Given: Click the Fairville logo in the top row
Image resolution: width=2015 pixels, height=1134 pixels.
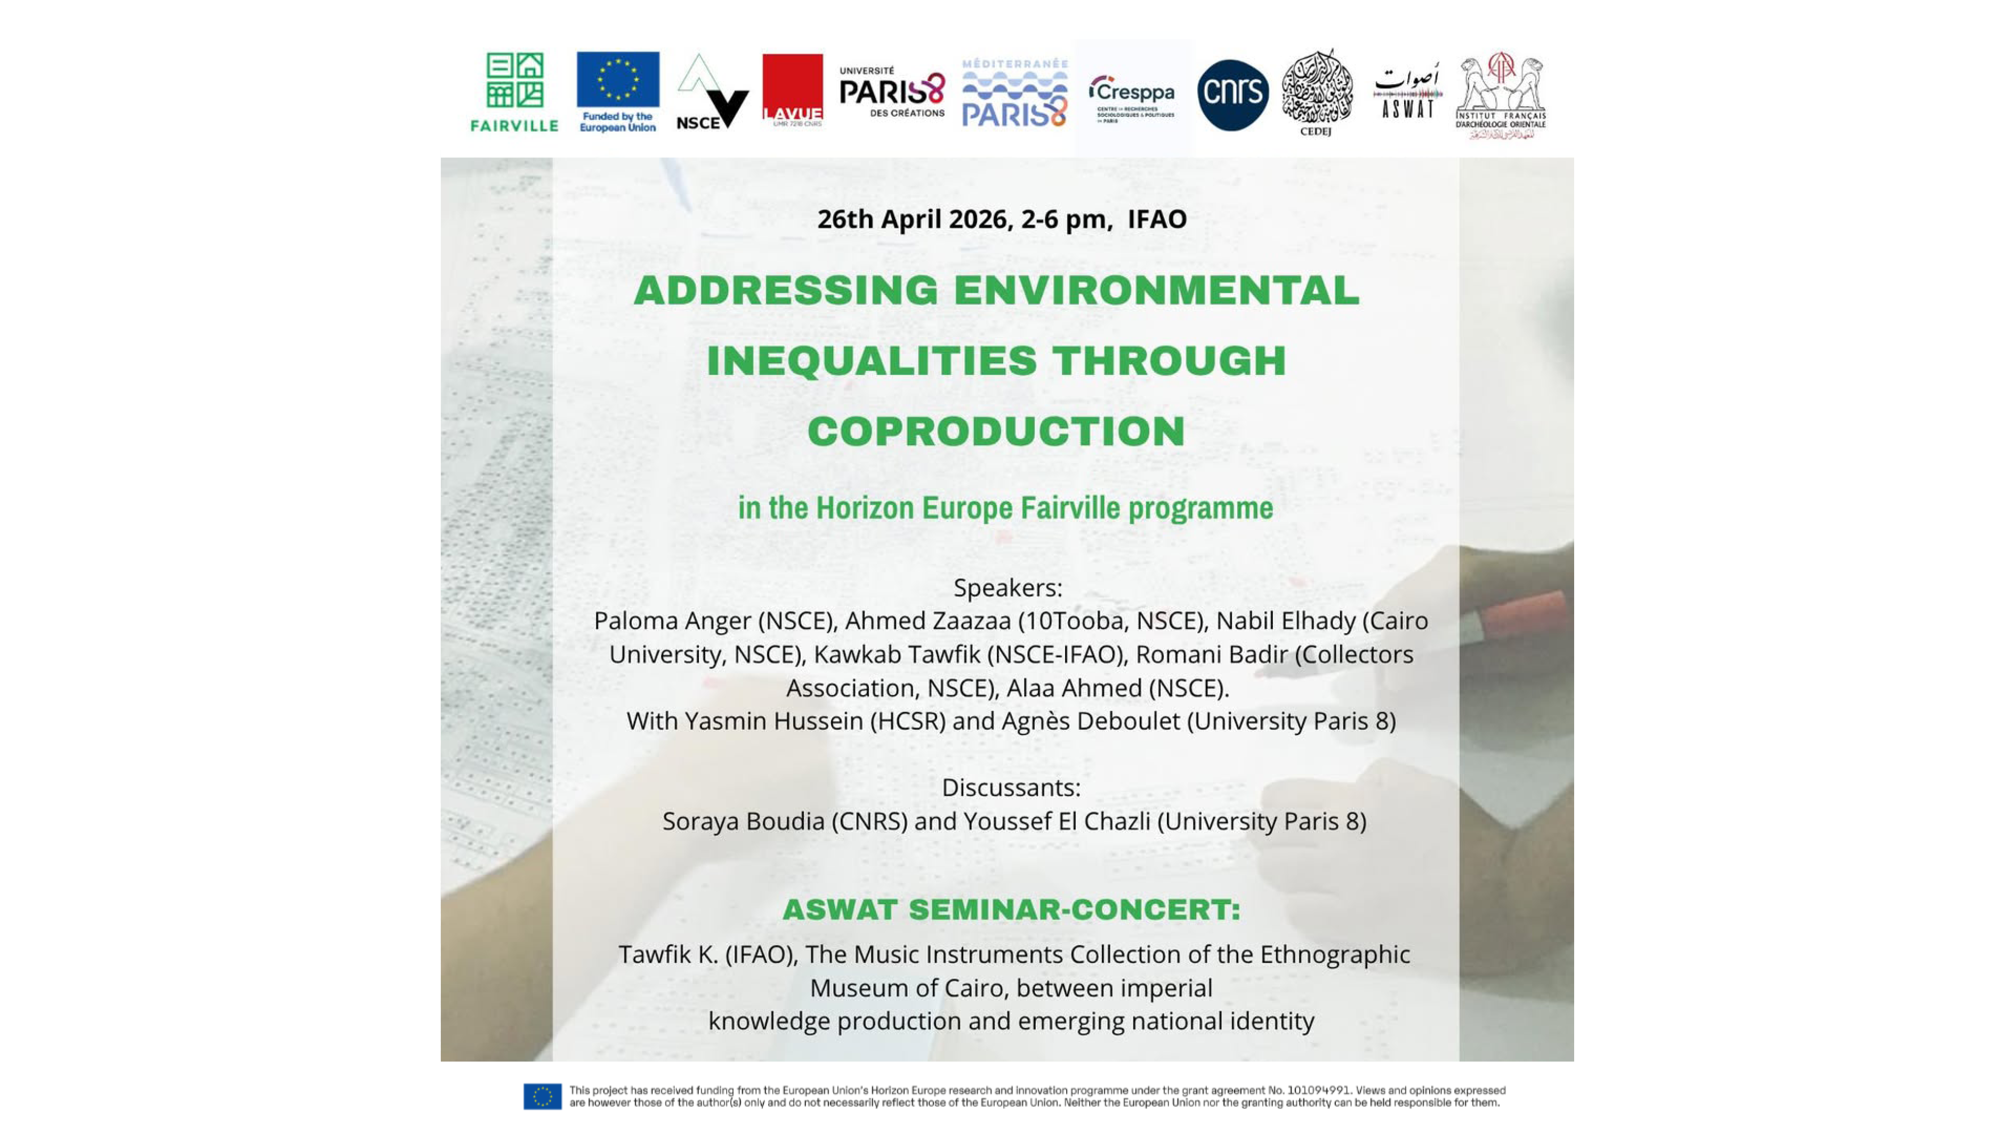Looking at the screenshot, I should click(514, 92).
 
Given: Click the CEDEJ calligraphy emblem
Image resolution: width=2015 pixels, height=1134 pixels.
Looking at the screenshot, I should click(1317, 90).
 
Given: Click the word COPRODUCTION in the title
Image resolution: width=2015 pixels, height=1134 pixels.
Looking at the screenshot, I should click(996, 431).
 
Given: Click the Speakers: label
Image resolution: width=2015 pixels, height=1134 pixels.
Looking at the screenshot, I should click(1007, 588).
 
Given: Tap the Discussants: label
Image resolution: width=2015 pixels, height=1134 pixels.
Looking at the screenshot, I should click(1011, 787).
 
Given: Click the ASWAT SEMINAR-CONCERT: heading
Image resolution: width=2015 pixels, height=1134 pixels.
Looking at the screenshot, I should click(1011, 910).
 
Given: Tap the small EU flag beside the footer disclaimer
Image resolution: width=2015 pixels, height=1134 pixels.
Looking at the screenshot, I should click(542, 1097).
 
